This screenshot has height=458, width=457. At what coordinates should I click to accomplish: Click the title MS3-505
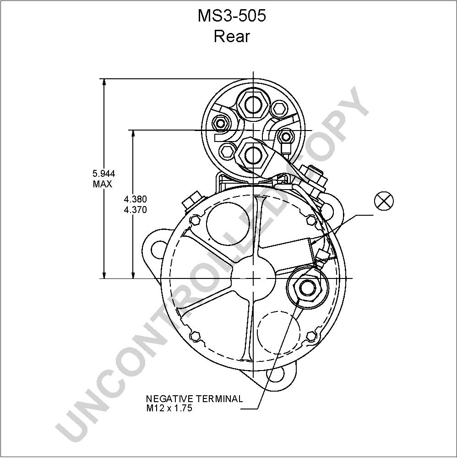[232, 16]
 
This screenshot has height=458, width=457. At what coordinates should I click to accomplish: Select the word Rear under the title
[232, 37]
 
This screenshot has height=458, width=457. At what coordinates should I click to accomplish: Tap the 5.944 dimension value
[103, 174]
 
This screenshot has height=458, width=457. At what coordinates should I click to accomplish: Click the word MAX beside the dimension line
[103, 184]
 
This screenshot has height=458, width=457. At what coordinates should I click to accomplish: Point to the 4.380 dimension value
[135, 199]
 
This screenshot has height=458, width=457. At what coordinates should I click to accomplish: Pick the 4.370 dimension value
[135, 210]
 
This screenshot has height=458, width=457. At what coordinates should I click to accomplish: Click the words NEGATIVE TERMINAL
[194, 399]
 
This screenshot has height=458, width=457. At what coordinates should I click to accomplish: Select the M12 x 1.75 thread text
[169, 408]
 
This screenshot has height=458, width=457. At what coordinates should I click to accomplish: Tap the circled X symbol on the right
[384, 201]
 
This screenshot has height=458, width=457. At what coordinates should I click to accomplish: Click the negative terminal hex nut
[307, 288]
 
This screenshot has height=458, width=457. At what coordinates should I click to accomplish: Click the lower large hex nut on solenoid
[252, 155]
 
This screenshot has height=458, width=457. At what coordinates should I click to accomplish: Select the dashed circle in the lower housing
[278, 333]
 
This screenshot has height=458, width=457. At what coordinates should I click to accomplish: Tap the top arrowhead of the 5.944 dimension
[104, 82]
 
